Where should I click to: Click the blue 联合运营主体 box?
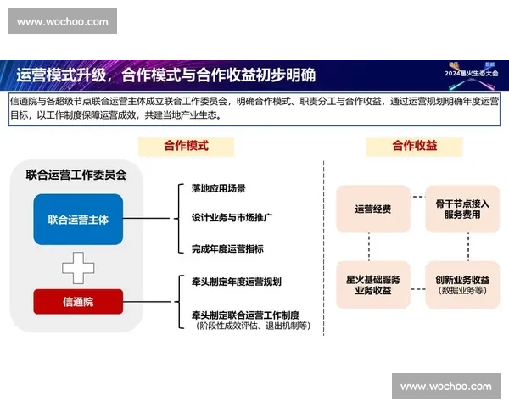point(78,220)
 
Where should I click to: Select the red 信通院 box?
point(78,301)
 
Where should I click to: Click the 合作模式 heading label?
point(186,146)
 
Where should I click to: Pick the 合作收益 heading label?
point(414,146)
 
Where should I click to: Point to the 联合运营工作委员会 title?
point(76,176)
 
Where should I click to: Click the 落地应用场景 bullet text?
point(219,188)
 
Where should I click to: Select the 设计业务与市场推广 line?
point(232,218)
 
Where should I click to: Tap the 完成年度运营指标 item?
point(227,248)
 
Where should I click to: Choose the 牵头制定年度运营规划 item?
point(236,282)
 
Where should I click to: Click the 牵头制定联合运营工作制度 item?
point(245,314)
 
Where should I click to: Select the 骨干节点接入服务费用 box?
point(462,209)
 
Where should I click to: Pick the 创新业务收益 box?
point(462,283)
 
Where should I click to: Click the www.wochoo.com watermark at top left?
point(63,21)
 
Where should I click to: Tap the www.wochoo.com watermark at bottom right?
point(445,387)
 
